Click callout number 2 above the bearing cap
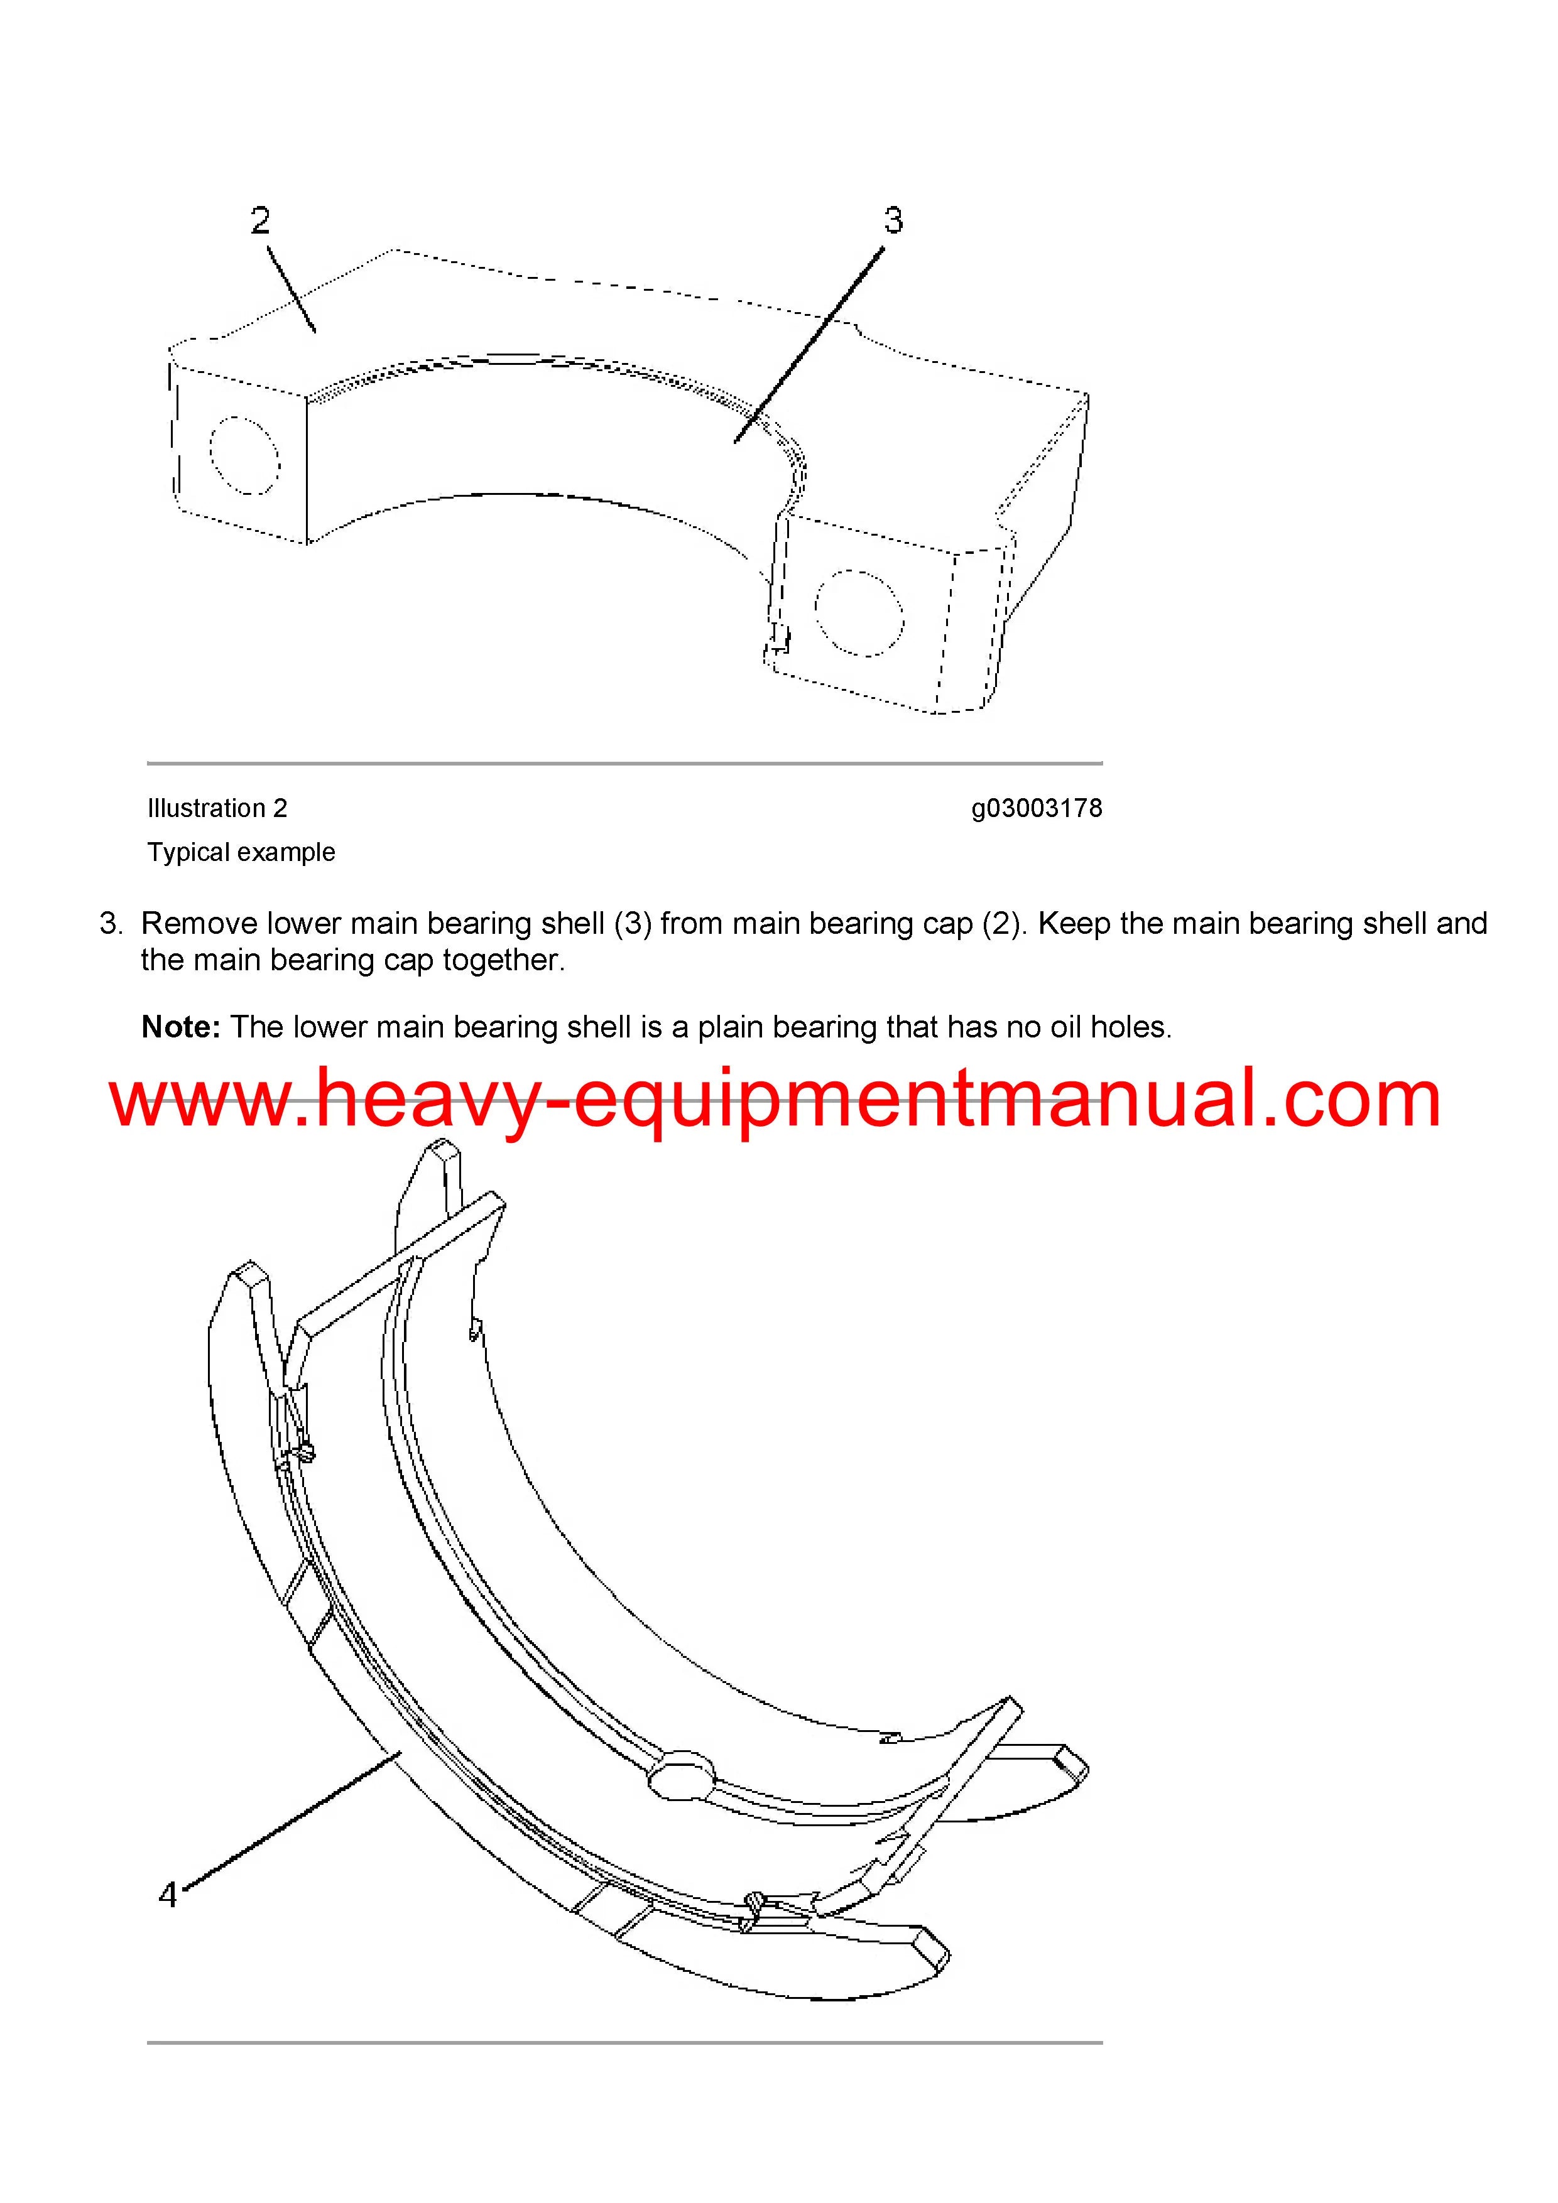coord(260,220)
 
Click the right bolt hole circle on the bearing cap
coord(859,613)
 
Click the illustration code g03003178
coord(1037,809)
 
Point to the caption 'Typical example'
coord(241,852)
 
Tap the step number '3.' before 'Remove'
coord(111,923)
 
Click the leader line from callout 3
coord(809,345)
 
